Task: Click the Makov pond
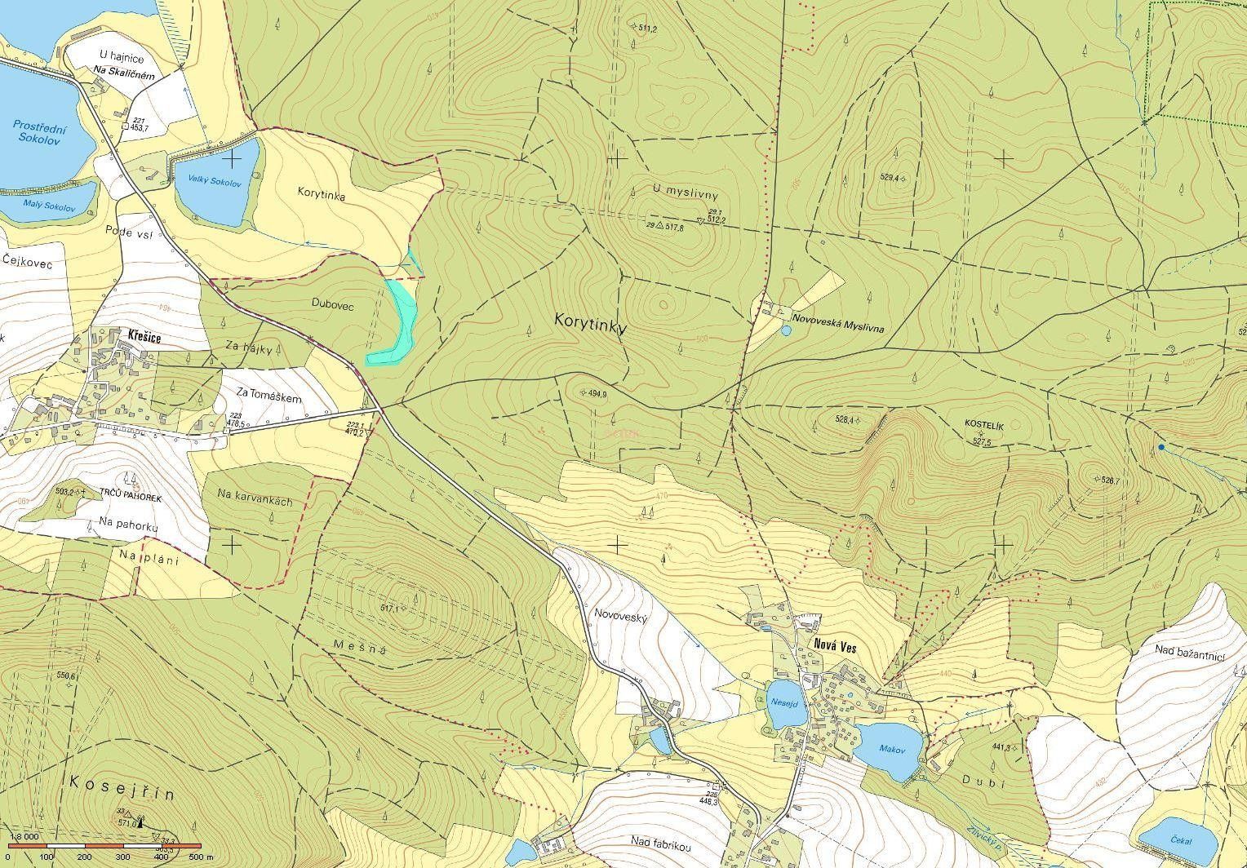[893, 748]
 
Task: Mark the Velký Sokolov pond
[215, 183]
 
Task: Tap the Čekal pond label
[1180, 840]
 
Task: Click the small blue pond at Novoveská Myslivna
[786, 331]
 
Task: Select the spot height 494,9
[597, 393]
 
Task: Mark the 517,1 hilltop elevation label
[393, 608]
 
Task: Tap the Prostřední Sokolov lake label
[39, 132]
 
